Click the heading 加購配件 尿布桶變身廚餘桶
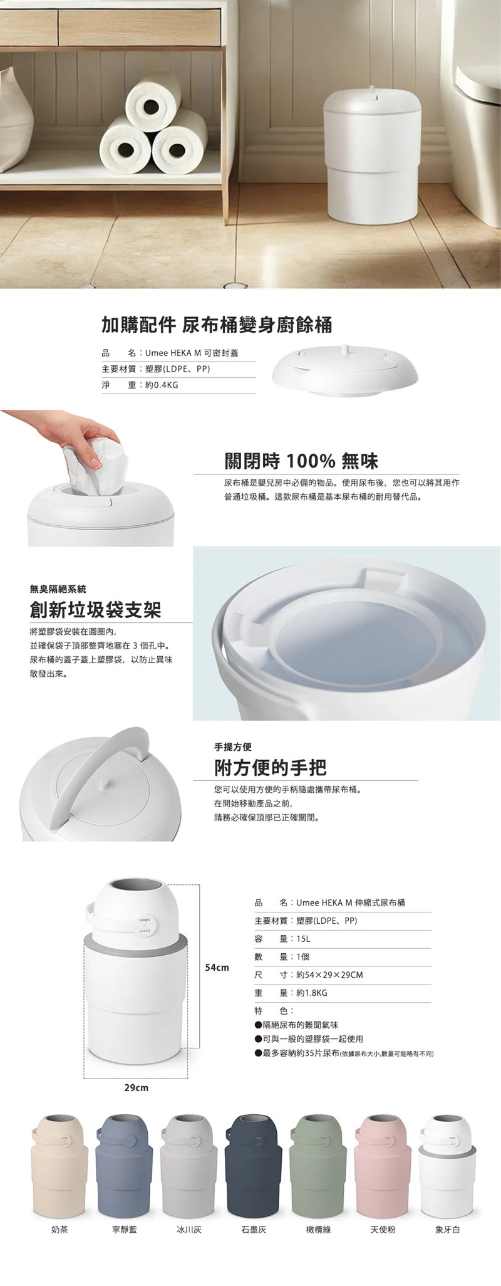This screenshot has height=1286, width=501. (217, 325)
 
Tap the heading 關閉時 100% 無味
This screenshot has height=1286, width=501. (301, 462)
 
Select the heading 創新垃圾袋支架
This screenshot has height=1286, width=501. (95, 610)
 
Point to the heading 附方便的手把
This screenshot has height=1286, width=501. (271, 767)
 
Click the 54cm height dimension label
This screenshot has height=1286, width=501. (217, 968)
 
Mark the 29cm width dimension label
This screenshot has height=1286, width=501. (136, 1088)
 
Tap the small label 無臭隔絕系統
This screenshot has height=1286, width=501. (58, 589)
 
